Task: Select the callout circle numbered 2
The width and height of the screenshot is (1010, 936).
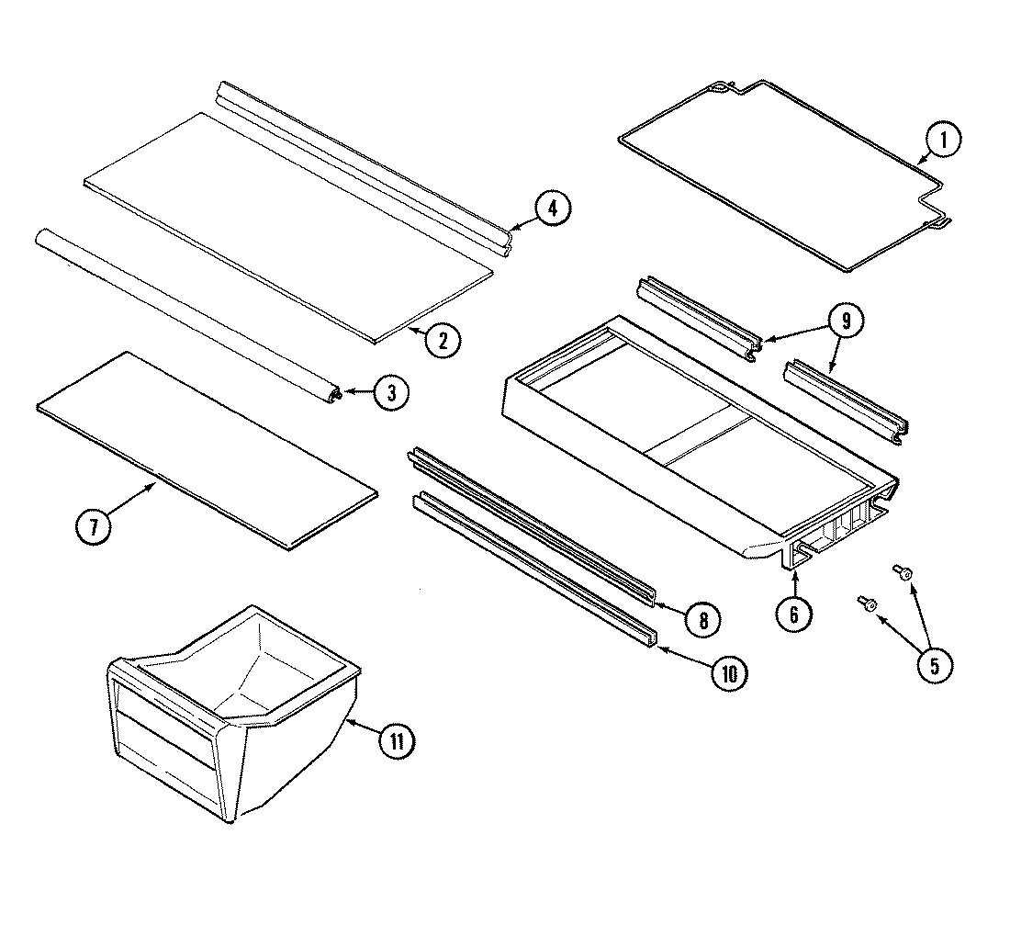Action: (443, 340)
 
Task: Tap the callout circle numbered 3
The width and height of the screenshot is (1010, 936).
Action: (390, 393)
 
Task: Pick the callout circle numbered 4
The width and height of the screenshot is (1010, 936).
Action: (552, 209)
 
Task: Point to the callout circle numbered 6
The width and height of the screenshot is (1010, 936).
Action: (794, 613)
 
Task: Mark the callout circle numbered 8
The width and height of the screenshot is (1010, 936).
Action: (702, 619)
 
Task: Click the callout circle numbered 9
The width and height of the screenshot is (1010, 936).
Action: (846, 321)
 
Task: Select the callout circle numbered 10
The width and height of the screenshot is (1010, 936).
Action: (728, 674)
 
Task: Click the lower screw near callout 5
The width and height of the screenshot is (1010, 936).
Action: (868, 603)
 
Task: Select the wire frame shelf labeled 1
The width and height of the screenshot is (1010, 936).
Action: (780, 175)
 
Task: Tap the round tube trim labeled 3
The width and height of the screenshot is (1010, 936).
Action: (184, 312)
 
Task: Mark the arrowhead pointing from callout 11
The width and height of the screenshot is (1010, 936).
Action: (352, 722)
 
